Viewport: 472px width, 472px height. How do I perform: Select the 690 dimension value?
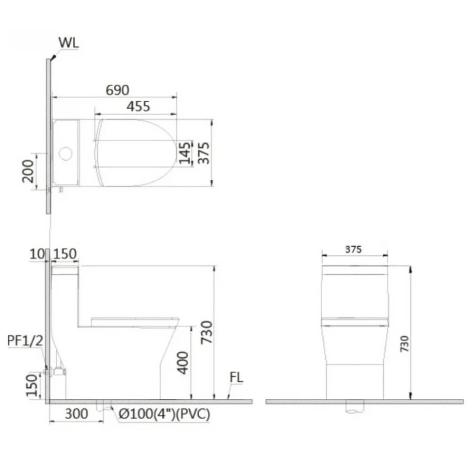[117, 90]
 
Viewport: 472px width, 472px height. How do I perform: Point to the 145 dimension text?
[185, 153]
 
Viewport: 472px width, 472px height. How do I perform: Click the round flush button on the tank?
[65, 153]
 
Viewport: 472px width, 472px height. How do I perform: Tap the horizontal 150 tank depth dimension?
[65, 255]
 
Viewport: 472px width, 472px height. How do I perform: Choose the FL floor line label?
[236, 378]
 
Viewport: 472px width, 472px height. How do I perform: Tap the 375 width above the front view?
[354, 249]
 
